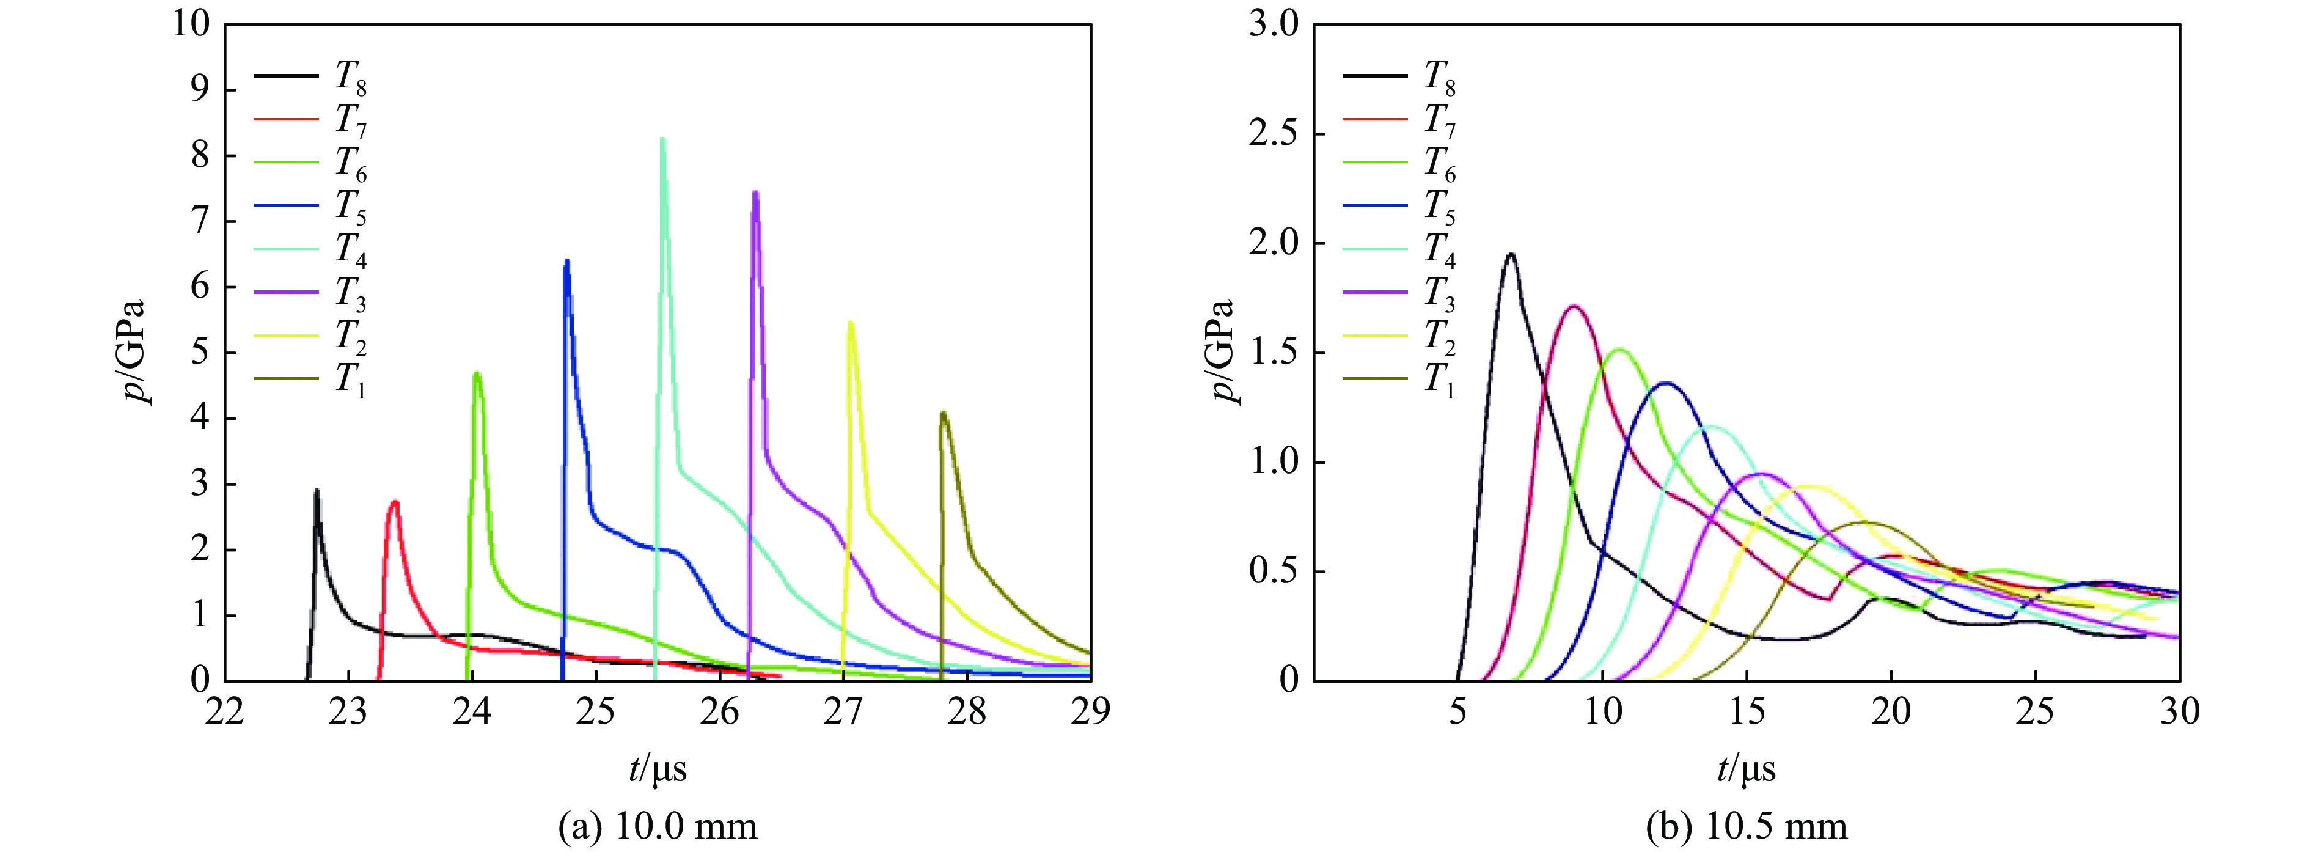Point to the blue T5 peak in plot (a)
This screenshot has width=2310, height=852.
pyautogui.click(x=566, y=262)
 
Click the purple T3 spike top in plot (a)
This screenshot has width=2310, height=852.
pyautogui.click(x=756, y=193)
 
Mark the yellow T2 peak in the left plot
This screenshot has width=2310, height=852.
pyautogui.click(x=850, y=323)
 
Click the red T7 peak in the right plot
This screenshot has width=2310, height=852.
pyautogui.click(x=1574, y=307)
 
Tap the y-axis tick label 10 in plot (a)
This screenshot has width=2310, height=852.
pyautogui.click(x=192, y=25)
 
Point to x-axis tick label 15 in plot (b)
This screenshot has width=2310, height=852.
pyautogui.click(x=1747, y=711)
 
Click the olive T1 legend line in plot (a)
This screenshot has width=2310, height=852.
pyautogui.click(x=286, y=378)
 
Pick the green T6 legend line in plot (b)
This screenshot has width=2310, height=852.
pyautogui.click(x=1375, y=161)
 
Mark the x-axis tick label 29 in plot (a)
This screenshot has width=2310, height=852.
pyautogui.click(x=1090, y=711)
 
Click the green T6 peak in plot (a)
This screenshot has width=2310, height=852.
pyautogui.click(x=477, y=373)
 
